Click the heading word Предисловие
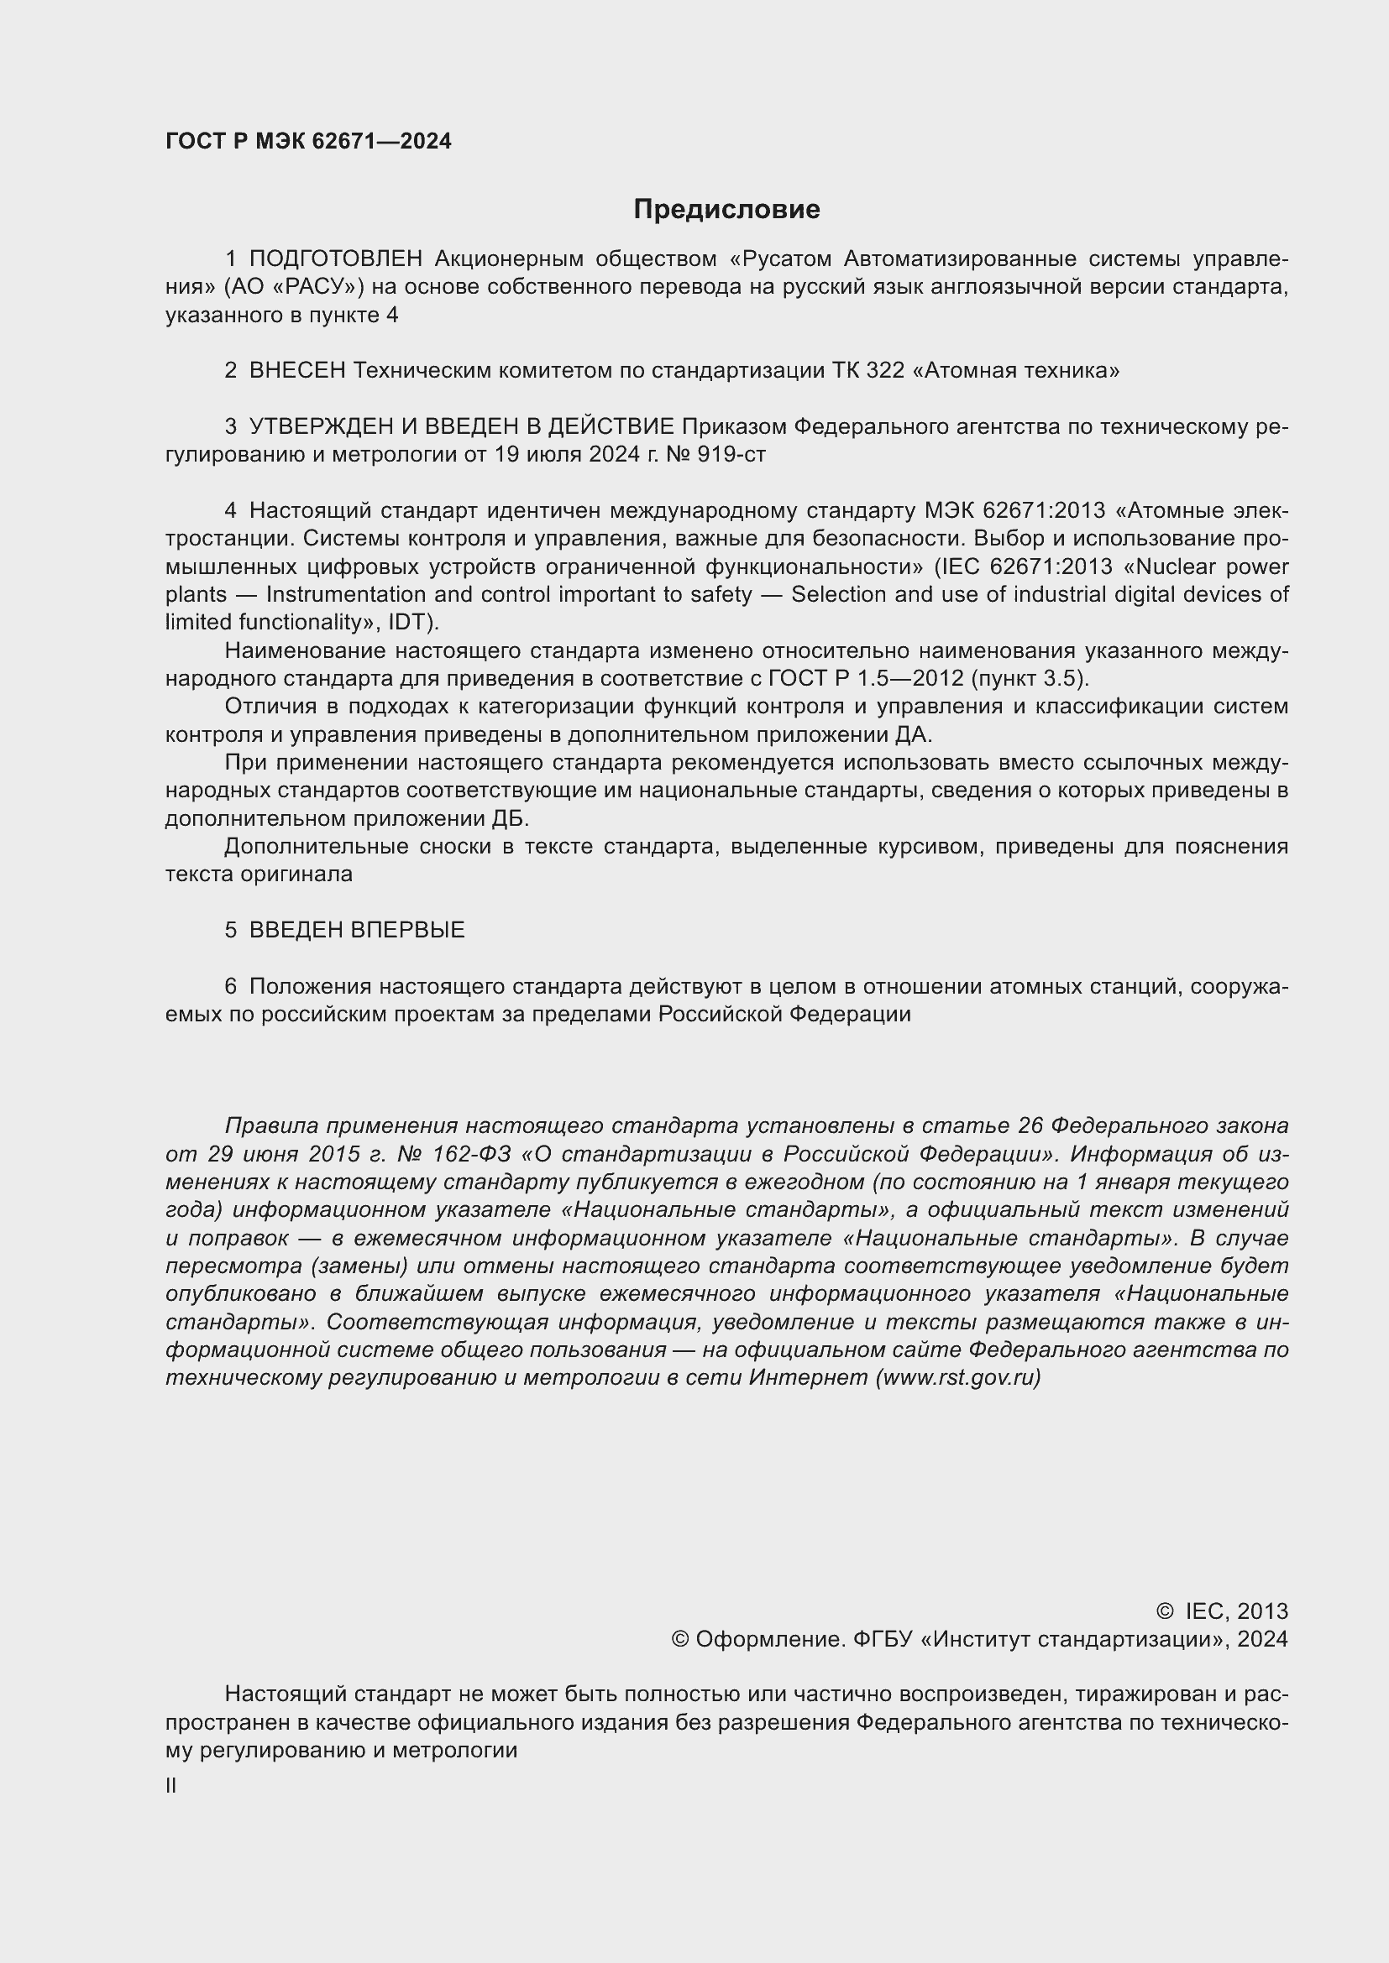point(726,210)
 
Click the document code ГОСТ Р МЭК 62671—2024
point(308,142)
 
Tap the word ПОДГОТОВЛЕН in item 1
point(335,258)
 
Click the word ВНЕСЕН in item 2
point(296,370)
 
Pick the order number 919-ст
point(731,454)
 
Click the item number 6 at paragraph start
point(230,986)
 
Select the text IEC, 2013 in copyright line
point(1235,1611)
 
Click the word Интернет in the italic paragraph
point(808,1377)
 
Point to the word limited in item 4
point(192,622)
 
